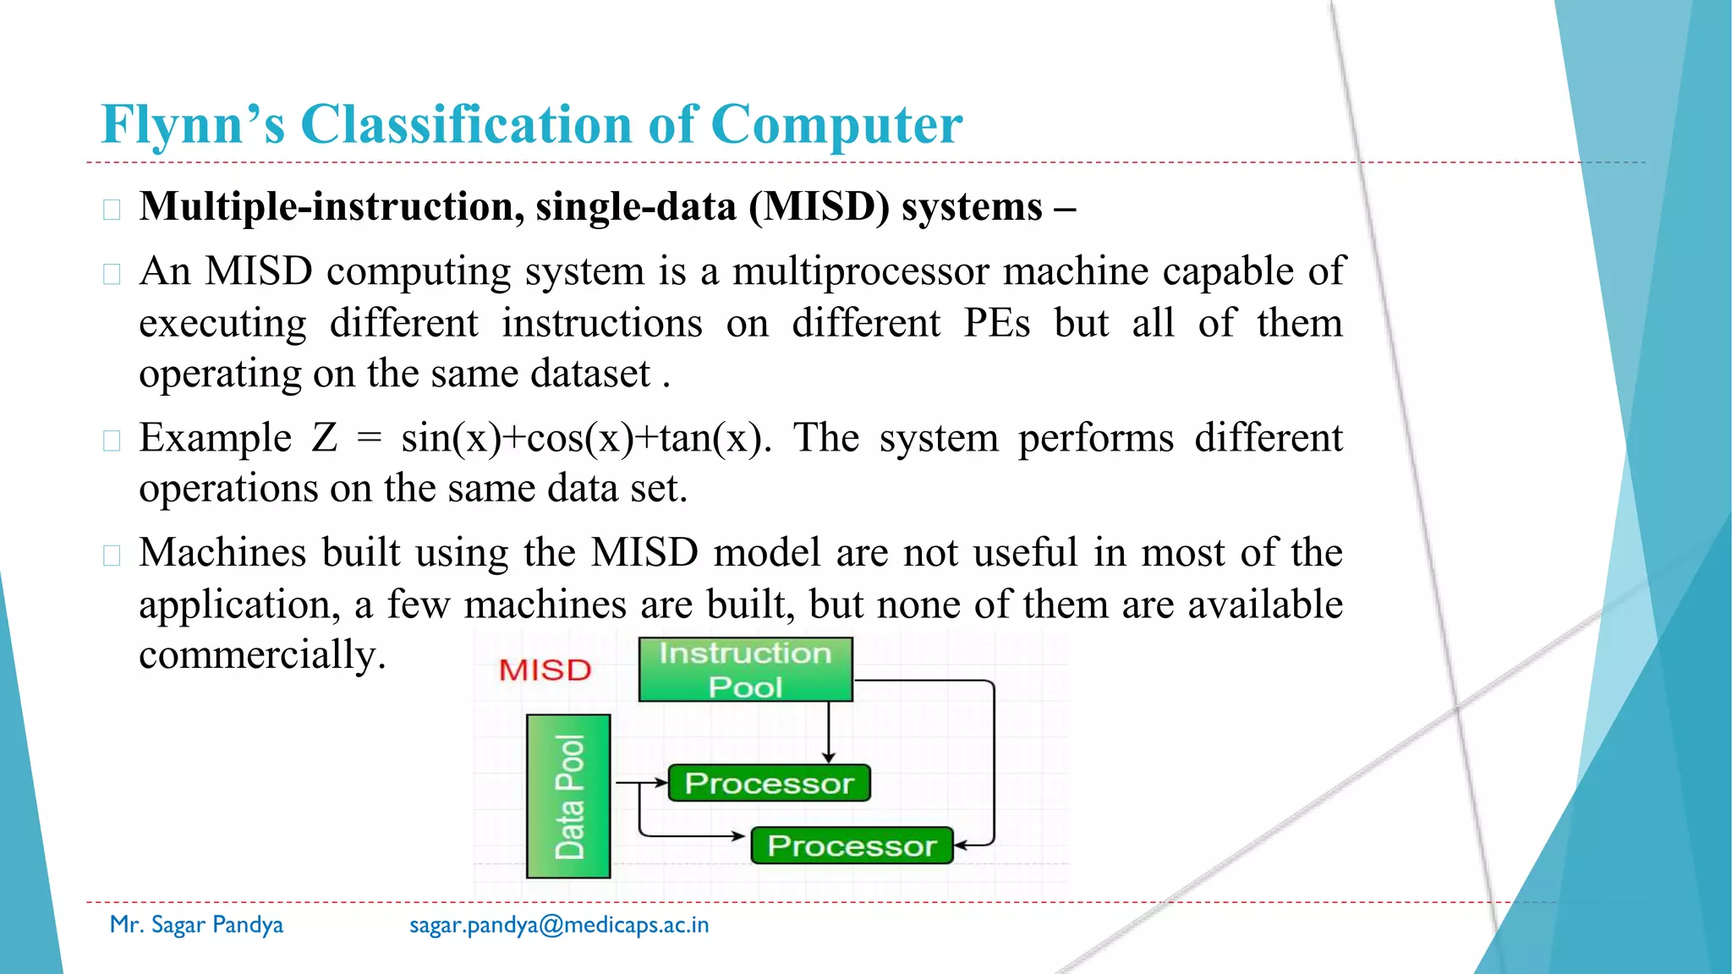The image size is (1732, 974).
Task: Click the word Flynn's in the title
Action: click(193, 125)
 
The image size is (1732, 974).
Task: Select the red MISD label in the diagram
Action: click(545, 670)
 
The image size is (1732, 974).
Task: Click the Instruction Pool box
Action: click(745, 670)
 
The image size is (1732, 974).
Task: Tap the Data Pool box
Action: click(568, 796)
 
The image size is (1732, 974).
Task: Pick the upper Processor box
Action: click(769, 783)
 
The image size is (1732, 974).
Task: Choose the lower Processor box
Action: click(852, 845)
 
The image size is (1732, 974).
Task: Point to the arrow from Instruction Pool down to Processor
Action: click(829, 731)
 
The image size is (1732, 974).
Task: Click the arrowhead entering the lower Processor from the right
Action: click(962, 845)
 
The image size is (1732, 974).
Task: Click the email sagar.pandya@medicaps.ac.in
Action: click(559, 925)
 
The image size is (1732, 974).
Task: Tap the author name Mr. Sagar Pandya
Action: click(196, 925)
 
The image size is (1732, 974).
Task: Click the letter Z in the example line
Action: click(325, 439)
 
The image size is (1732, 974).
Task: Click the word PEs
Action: click(996, 323)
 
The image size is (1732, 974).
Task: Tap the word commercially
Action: click(262, 655)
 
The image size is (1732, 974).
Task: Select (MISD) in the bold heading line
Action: click(819, 207)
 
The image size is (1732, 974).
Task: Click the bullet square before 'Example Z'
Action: click(112, 440)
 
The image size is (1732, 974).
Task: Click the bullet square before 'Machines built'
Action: click(112, 555)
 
